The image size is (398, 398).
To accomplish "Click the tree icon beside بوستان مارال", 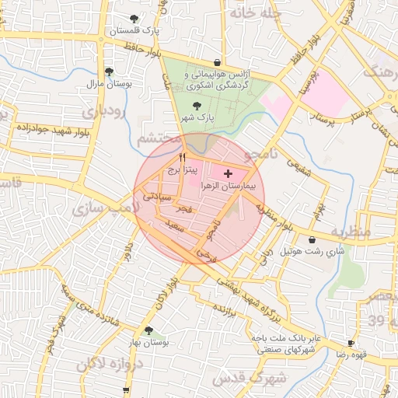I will (x=107, y=72).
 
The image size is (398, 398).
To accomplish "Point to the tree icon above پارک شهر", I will (x=194, y=106).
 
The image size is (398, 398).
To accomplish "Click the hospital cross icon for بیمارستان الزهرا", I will (x=227, y=173).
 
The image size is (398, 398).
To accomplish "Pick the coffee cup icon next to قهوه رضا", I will (x=351, y=342).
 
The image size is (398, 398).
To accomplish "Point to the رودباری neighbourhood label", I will (x=103, y=113).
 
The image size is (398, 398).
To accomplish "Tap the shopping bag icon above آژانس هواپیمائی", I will (x=217, y=63).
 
